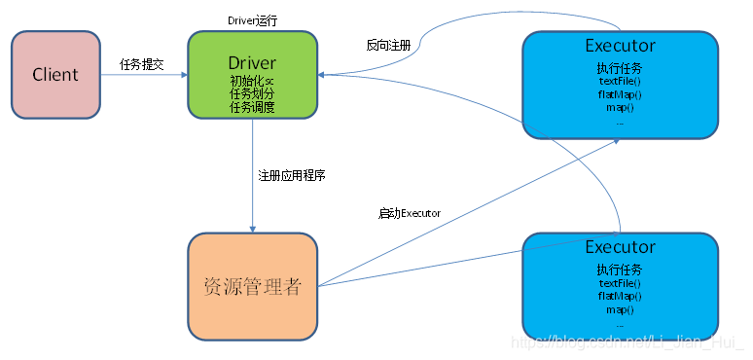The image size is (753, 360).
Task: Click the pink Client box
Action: (x=54, y=74)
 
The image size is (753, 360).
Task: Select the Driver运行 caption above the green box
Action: (x=252, y=19)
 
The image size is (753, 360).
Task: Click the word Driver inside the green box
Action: (x=252, y=62)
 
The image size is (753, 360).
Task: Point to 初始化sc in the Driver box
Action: (x=252, y=81)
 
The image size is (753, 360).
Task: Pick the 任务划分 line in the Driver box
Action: (x=252, y=94)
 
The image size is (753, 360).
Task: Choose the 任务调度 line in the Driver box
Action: (x=252, y=107)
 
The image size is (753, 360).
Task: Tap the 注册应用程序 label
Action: (x=292, y=176)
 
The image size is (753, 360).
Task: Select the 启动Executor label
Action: (x=410, y=213)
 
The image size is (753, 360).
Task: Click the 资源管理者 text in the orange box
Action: (x=252, y=287)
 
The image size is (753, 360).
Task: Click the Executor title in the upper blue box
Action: (x=620, y=46)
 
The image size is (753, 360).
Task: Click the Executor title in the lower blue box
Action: (x=620, y=247)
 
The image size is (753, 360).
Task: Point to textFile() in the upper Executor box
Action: (x=620, y=82)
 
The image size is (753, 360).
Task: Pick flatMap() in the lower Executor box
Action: (x=620, y=296)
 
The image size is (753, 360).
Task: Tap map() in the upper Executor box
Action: (x=620, y=107)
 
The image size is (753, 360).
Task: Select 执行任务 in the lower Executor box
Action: (x=620, y=270)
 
